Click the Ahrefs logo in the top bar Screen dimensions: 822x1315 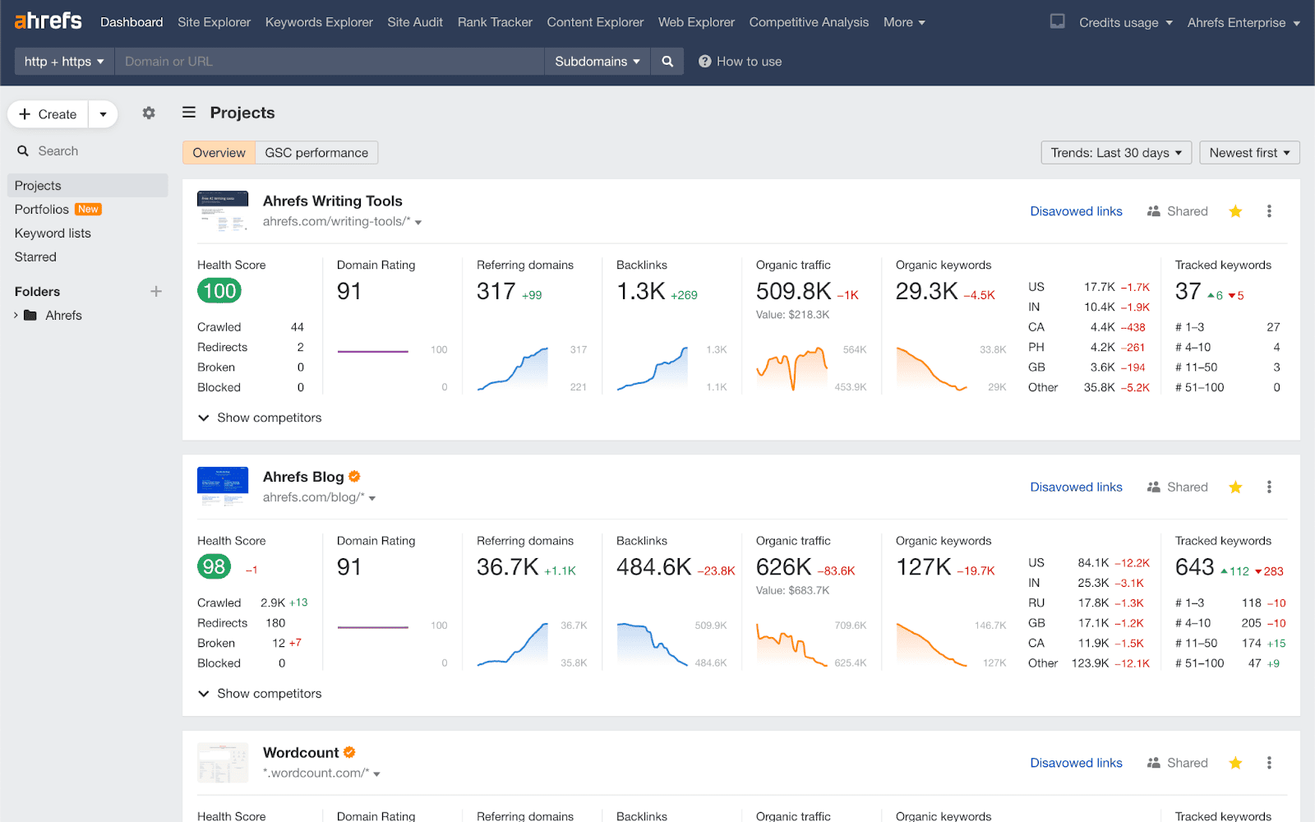point(48,21)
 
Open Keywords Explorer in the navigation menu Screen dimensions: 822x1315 point(319,22)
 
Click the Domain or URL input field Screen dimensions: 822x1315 point(329,62)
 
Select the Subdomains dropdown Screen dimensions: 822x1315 point(597,62)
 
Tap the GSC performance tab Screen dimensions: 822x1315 point(316,153)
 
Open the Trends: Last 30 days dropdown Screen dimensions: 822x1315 point(1115,153)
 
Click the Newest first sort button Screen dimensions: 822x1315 point(1248,153)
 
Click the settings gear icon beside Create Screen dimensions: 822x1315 point(149,113)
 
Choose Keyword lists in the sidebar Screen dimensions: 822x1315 point(53,233)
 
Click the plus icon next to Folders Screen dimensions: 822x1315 point(156,292)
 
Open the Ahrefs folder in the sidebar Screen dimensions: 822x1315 point(63,316)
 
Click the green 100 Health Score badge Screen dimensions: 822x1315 point(219,291)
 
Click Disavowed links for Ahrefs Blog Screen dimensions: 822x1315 point(1076,487)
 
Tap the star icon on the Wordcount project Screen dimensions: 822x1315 point(1234,763)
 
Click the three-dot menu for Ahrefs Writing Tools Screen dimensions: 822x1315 point(1269,211)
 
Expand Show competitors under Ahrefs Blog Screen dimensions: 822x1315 point(261,694)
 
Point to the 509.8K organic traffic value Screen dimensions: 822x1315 point(793,292)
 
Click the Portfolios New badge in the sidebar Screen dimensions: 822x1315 point(88,210)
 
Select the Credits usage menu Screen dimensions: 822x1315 point(1125,23)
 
